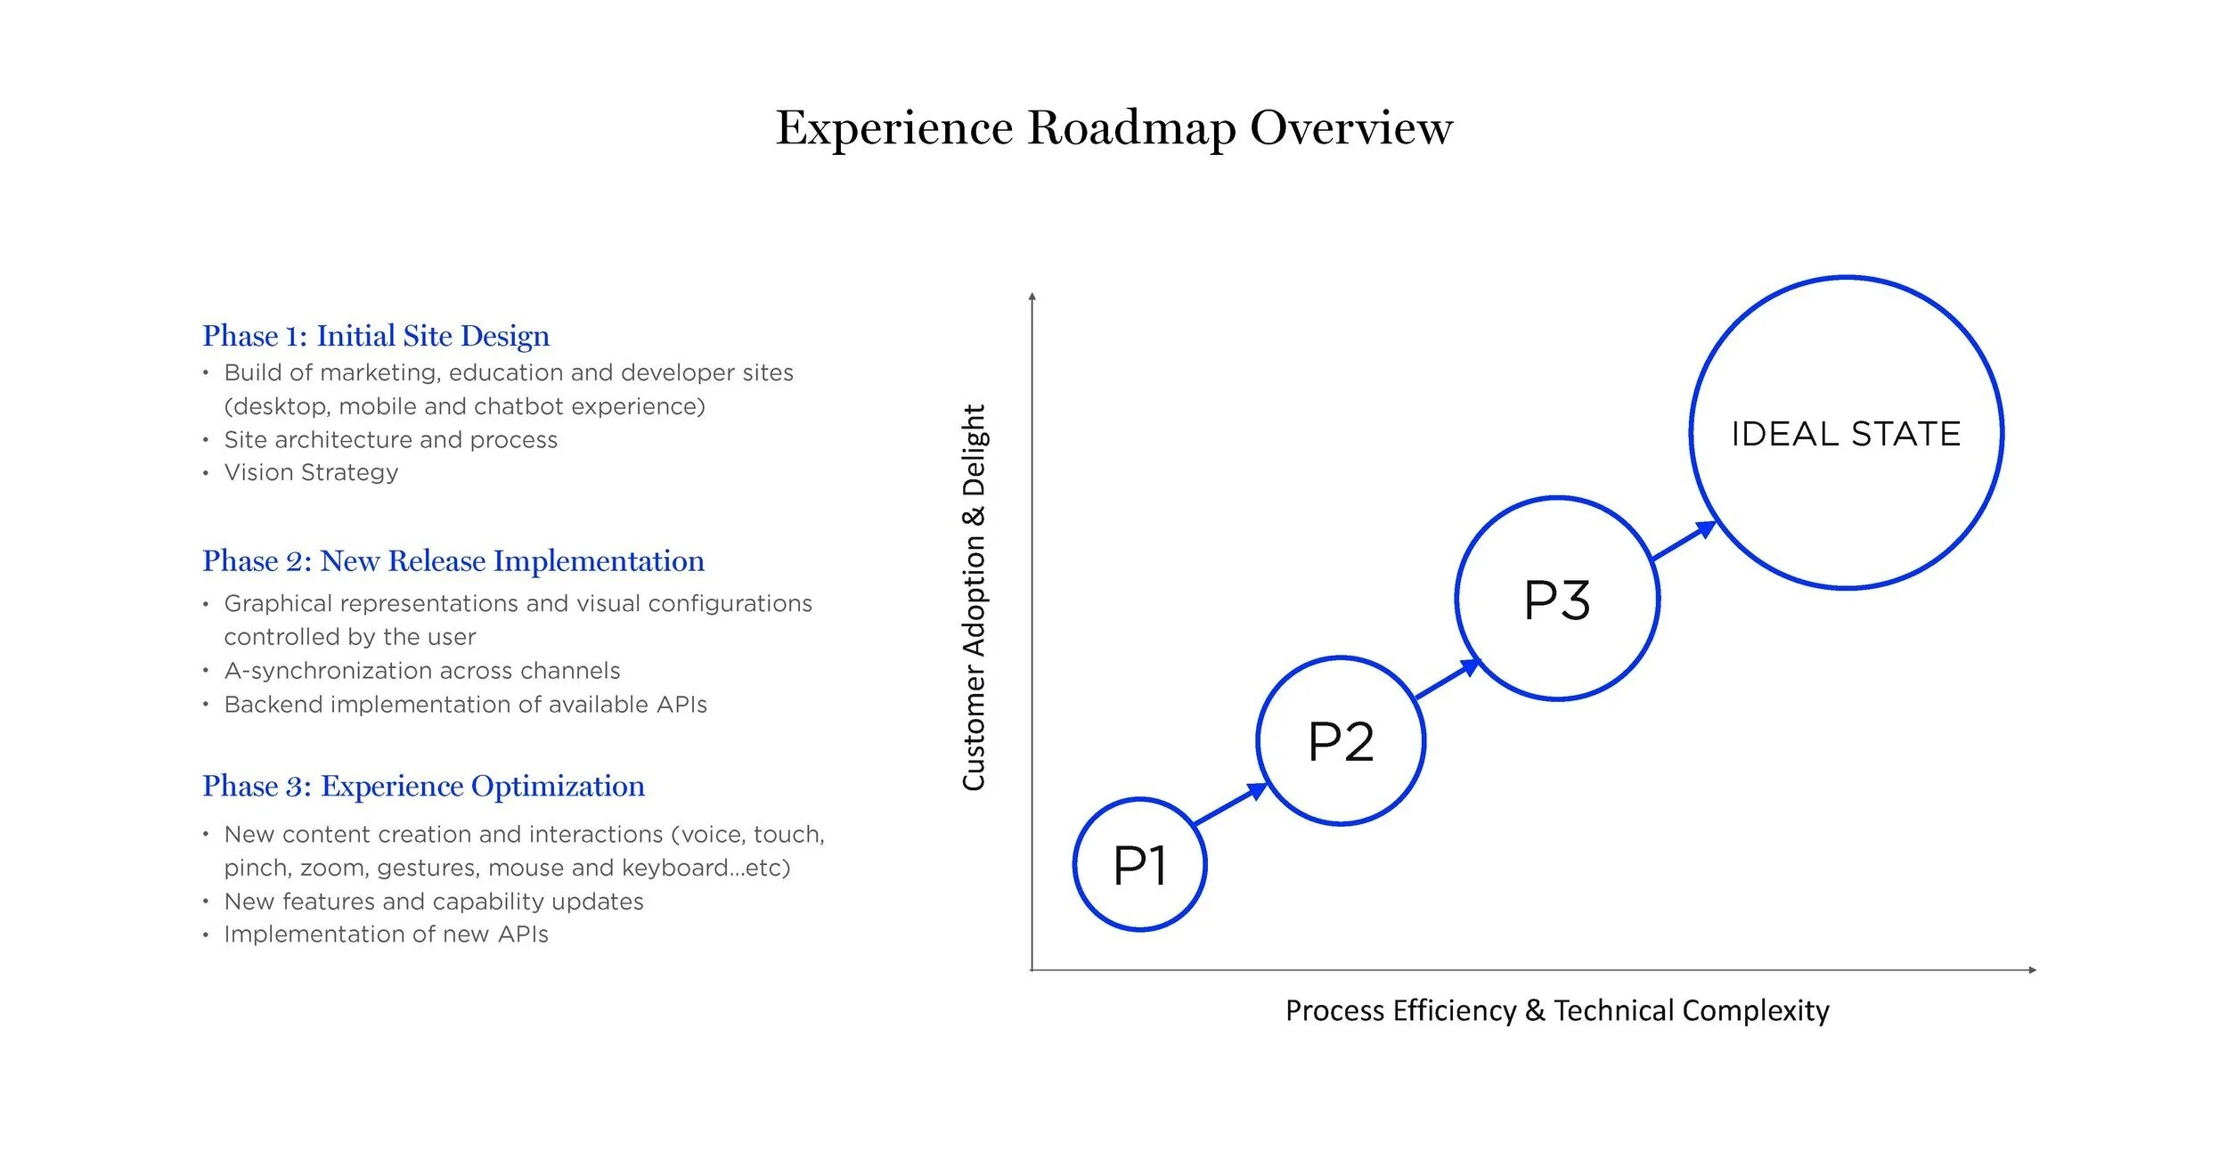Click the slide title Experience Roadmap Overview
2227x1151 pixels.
click(x=1113, y=127)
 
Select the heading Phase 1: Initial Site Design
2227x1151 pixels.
click(x=376, y=336)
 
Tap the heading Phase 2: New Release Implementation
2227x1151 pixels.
click(x=453, y=561)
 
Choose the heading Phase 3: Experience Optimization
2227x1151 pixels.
click(x=423, y=786)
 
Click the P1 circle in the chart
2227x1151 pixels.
click(x=1139, y=865)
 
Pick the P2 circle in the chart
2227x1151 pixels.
click(x=1341, y=741)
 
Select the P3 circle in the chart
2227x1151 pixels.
click(x=1557, y=599)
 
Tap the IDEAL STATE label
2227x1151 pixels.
click(x=1846, y=434)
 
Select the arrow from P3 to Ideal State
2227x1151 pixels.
click(x=1684, y=542)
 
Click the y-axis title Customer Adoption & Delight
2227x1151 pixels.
click(x=974, y=597)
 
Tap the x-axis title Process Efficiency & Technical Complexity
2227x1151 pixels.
click(x=1557, y=1010)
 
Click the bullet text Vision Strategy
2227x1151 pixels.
click(x=311, y=472)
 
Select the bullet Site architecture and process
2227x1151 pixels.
click(x=390, y=439)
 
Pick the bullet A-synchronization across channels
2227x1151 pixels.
click(x=421, y=670)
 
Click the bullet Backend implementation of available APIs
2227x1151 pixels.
click(x=465, y=704)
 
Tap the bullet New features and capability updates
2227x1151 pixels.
click(x=433, y=901)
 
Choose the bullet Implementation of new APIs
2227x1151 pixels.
click(x=386, y=934)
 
